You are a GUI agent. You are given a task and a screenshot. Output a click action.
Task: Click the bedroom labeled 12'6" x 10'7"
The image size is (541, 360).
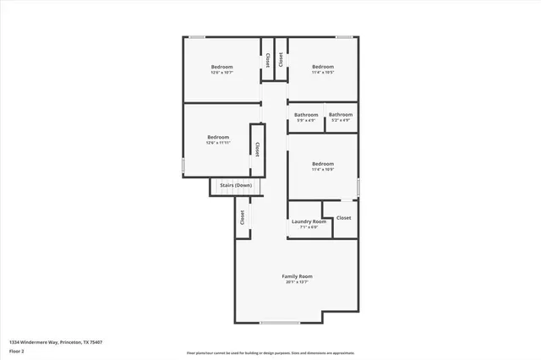[221, 69]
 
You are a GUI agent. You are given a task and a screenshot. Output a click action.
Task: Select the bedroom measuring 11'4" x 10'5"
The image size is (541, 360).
[323, 69]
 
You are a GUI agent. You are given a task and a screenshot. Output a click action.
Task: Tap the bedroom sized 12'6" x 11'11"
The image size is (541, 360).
[218, 139]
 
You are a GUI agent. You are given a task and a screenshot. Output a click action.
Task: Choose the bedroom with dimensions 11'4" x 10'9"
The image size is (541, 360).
[323, 166]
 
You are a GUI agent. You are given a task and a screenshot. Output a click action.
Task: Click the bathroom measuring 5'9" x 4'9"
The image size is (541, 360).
[306, 117]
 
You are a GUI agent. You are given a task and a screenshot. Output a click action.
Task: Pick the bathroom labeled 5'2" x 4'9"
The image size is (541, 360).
[341, 117]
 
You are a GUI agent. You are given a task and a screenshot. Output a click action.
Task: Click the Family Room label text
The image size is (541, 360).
[298, 276]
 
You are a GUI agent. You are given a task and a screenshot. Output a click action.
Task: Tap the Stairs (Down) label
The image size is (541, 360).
[236, 185]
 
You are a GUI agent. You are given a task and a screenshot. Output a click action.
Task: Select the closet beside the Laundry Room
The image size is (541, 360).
[343, 218]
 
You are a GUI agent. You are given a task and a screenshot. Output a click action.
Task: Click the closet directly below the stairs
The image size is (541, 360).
[243, 217]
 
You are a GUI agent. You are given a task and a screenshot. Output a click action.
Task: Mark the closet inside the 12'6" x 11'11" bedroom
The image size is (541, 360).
[256, 147]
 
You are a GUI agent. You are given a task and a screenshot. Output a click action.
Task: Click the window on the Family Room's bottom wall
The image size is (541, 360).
[279, 323]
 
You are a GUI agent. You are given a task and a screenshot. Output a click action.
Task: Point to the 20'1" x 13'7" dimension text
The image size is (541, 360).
[298, 282]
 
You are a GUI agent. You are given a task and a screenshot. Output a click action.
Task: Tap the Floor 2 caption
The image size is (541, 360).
[17, 350]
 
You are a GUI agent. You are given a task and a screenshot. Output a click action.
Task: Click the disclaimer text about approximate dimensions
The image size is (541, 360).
[270, 352]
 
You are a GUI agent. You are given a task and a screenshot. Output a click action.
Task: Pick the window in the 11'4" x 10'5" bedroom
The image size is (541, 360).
[344, 37]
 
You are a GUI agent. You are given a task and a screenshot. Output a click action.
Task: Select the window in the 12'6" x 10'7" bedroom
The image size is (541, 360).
[196, 37]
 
